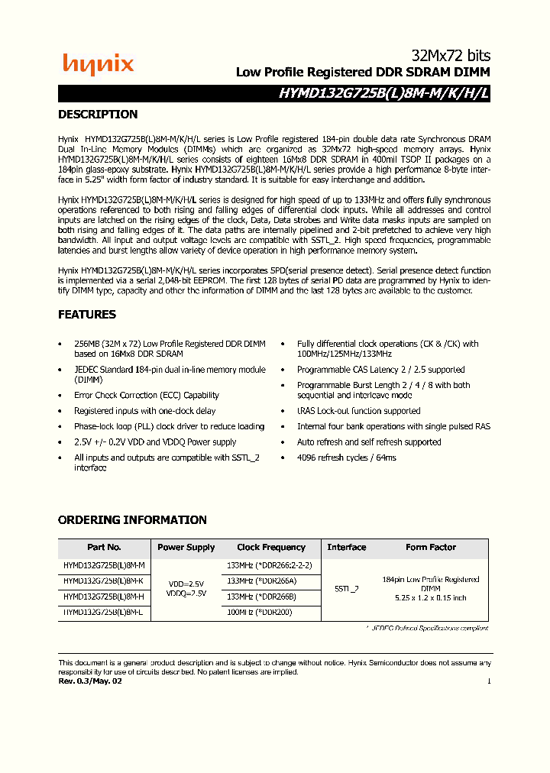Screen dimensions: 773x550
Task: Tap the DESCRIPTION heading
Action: pos(98,115)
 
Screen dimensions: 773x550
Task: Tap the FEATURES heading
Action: pos(87,315)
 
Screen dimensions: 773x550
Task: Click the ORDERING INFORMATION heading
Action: pos(132,520)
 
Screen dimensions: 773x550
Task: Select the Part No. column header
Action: pos(104,548)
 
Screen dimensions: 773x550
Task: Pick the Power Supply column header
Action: pos(186,548)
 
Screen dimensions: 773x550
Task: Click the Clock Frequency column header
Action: pos(270,548)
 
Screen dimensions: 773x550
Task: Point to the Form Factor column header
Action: pos(430,548)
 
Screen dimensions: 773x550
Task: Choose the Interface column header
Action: pos(346,548)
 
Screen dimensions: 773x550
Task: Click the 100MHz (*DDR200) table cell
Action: pos(259,613)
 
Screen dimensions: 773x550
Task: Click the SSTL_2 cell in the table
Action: pos(346,589)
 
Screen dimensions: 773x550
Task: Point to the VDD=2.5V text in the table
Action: pos(186,584)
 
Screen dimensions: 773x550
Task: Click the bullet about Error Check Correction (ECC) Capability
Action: pos(146,396)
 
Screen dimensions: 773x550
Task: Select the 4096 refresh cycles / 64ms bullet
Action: pos(346,458)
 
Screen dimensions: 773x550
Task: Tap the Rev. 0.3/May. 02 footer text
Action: pos(90,681)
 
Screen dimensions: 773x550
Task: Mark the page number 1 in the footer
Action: pos(489,681)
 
